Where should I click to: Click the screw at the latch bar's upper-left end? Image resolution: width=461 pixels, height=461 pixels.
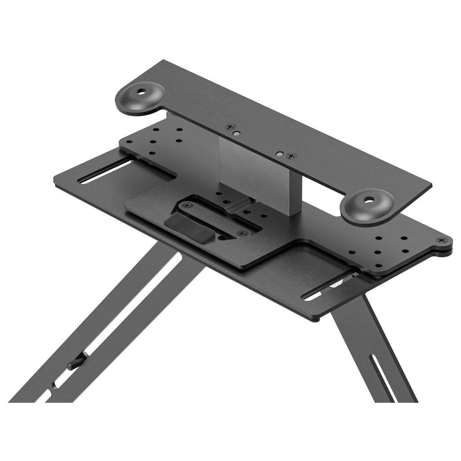[187, 205]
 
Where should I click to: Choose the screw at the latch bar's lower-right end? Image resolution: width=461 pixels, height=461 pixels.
[242, 234]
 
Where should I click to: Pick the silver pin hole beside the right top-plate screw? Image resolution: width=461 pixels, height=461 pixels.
[280, 154]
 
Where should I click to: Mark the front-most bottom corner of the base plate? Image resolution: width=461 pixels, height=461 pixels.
[314, 319]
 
